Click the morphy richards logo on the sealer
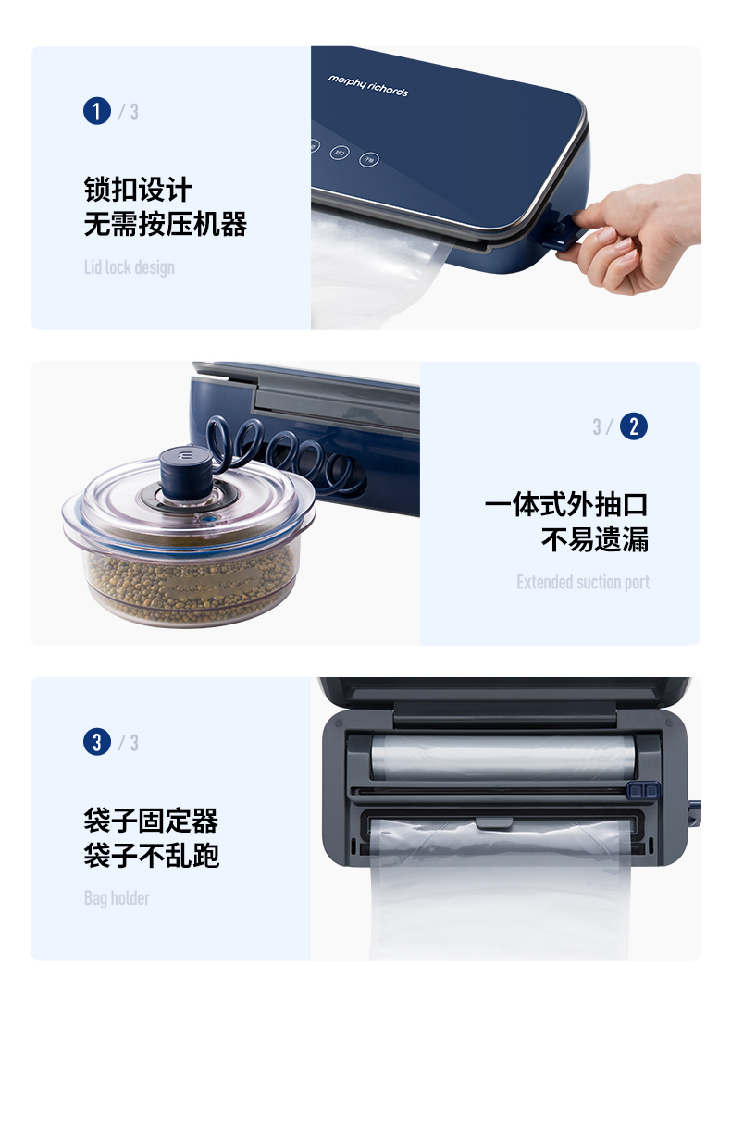[368, 86]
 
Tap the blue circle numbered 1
[97, 111]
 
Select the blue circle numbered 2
[634, 426]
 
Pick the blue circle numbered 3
[97, 742]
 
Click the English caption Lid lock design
[130, 267]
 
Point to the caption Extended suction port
[583, 582]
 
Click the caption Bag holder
[117, 898]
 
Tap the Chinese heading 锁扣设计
[138, 189]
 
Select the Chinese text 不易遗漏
[595, 539]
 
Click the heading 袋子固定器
[151, 820]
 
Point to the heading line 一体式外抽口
[566, 504]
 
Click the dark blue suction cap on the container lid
[185, 473]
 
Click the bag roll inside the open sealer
[503, 757]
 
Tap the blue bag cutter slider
[643, 790]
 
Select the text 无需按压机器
[166, 224]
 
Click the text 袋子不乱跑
[151, 855]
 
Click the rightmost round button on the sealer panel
[369, 159]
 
